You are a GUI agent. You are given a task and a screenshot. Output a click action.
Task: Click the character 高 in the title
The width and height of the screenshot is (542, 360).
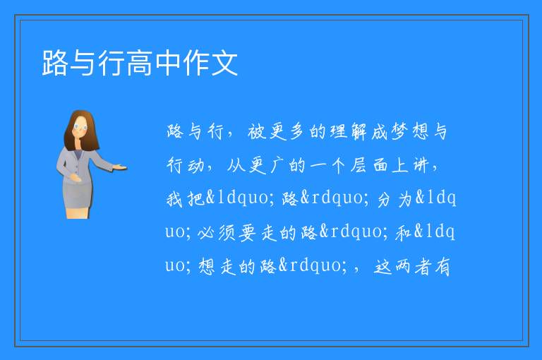(x=140, y=63)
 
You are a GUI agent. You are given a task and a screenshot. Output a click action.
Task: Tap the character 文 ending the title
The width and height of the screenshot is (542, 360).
(x=224, y=63)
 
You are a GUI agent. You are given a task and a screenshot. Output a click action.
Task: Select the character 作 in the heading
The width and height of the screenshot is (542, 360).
(x=196, y=63)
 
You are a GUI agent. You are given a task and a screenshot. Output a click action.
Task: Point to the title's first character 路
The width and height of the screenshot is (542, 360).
(x=55, y=63)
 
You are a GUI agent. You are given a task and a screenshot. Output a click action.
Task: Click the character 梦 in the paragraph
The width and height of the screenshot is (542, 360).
(x=399, y=132)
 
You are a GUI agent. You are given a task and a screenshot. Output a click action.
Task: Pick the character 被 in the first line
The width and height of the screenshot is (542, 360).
(x=256, y=132)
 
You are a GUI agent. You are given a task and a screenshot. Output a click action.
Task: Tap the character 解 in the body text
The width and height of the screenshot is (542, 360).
(x=358, y=132)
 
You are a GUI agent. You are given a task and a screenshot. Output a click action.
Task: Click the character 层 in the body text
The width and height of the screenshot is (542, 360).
(x=359, y=165)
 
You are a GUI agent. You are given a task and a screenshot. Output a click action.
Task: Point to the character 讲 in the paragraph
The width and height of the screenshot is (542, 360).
(x=421, y=165)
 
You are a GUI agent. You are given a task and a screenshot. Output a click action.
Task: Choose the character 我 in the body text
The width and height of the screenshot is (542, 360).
(x=174, y=199)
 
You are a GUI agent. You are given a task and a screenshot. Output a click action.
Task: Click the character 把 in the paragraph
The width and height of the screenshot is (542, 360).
(x=195, y=199)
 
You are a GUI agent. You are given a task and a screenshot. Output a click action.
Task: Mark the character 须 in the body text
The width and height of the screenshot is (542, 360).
(x=227, y=232)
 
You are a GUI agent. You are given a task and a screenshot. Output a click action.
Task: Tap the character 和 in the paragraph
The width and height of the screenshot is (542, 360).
(x=403, y=232)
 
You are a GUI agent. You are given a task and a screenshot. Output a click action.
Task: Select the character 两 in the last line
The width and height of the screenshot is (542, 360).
(x=402, y=267)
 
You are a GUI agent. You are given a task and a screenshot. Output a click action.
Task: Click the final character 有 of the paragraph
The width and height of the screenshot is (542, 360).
(x=442, y=267)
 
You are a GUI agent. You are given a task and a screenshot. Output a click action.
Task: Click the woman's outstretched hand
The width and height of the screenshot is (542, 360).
(x=120, y=168)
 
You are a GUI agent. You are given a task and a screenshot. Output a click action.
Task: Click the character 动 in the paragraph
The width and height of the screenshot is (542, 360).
(x=195, y=165)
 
